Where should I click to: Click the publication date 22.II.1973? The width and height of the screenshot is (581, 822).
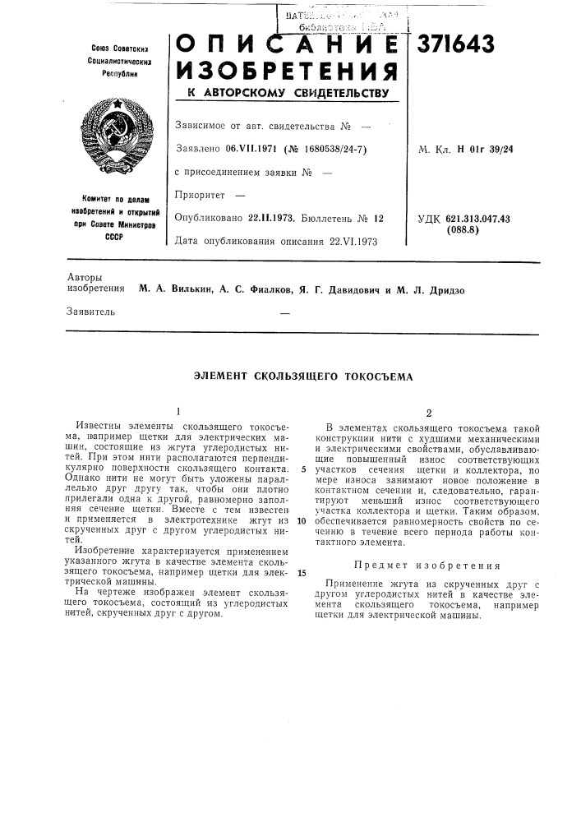click(x=272, y=219)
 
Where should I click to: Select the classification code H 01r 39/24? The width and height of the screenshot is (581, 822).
click(x=481, y=150)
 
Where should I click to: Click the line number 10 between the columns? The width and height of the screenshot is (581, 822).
click(x=302, y=521)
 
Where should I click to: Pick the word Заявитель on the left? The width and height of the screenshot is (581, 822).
click(x=91, y=312)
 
